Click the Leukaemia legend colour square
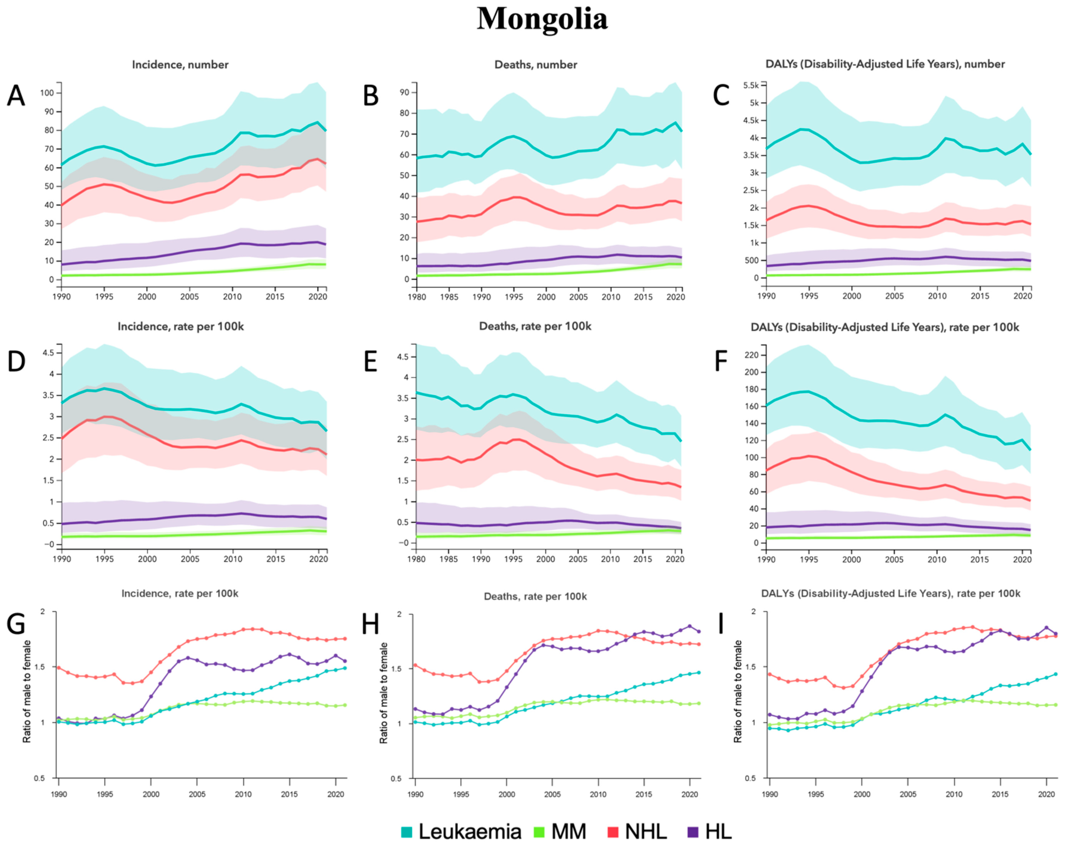point(407,818)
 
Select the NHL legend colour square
point(613,818)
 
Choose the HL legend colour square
point(693,818)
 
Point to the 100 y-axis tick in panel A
point(47,93)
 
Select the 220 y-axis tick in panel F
point(751,355)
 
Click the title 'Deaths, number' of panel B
point(535,65)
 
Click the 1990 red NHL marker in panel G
point(59,668)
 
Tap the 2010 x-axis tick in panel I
point(954,794)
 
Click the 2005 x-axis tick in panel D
point(190,559)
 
